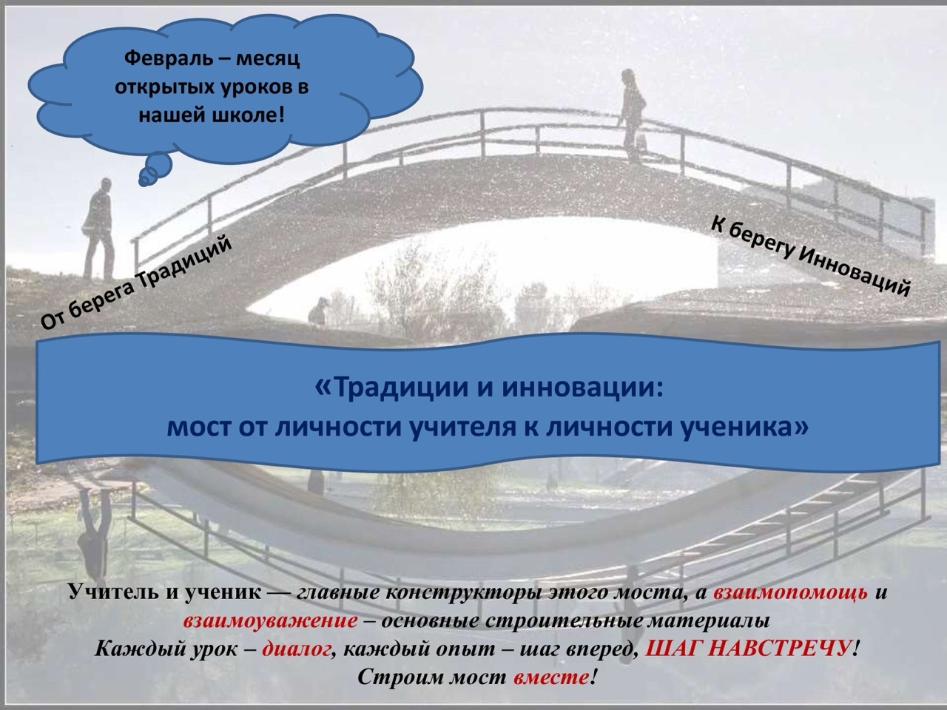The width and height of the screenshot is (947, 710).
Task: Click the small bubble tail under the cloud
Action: [x=155, y=170]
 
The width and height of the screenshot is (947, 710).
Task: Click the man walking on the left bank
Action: [x=99, y=229]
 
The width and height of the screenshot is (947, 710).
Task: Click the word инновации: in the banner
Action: [x=582, y=387]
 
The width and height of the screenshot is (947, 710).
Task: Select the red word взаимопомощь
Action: [x=790, y=592]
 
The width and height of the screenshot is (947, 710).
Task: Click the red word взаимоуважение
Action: [x=271, y=621]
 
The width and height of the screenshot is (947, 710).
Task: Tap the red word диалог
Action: [x=297, y=649]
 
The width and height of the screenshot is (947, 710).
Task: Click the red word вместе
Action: [x=551, y=677]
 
